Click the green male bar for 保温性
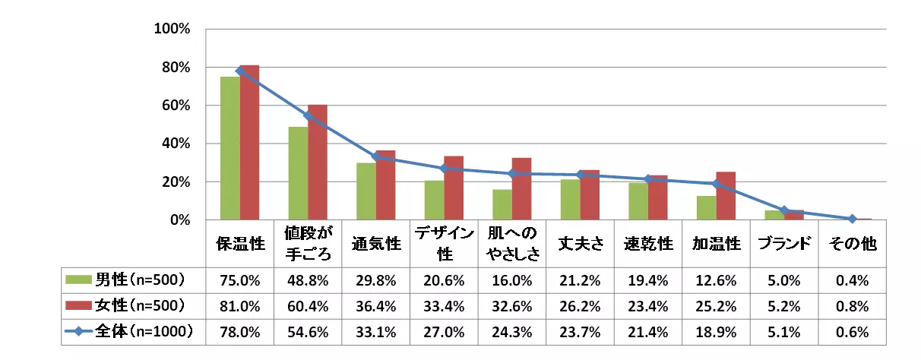[x=230, y=148]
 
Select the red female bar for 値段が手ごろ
[x=318, y=163]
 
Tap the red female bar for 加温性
[x=726, y=196]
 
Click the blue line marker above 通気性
[x=376, y=156]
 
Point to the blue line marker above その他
[x=852, y=219]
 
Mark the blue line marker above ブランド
[x=784, y=210]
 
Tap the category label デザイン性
[x=445, y=243]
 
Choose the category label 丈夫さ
[x=581, y=243]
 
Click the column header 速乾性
[x=648, y=243]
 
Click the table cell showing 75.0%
[x=240, y=280]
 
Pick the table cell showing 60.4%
[x=309, y=306]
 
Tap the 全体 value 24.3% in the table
[x=512, y=332]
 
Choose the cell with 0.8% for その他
[x=852, y=306]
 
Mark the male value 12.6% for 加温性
[x=717, y=280]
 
